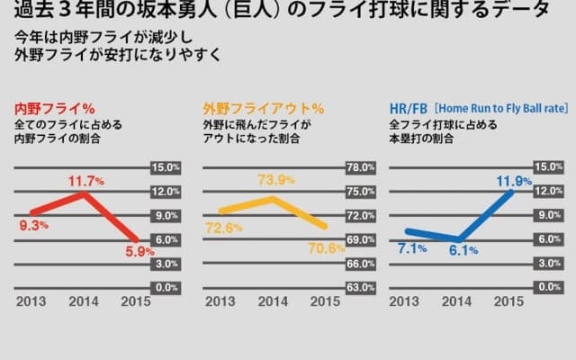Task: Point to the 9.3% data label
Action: click(33, 225)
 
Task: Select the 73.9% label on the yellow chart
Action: click(276, 180)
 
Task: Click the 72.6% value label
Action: click(224, 228)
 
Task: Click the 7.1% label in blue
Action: click(413, 247)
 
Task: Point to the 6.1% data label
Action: click(463, 250)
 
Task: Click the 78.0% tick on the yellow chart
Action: click(360, 168)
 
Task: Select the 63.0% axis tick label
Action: click(360, 287)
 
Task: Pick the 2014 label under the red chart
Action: click(84, 302)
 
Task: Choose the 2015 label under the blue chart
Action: click(508, 302)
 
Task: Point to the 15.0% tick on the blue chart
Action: click(548, 168)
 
